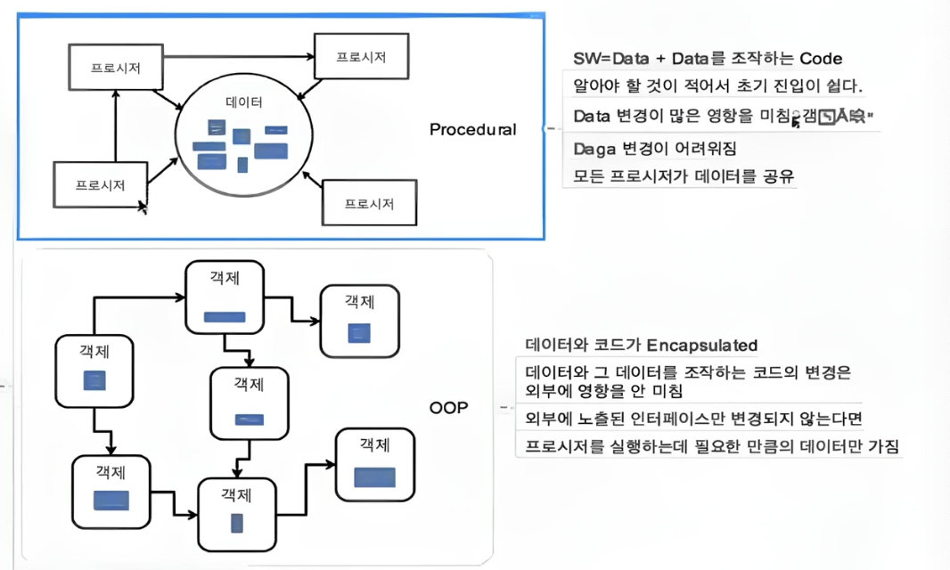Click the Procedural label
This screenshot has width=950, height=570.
[472, 129]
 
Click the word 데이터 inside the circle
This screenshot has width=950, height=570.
[244, 102]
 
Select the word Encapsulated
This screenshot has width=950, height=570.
[701, 345]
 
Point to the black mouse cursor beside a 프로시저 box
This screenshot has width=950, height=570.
[142, 207]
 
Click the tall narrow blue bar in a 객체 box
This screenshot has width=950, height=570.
[237, 522]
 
